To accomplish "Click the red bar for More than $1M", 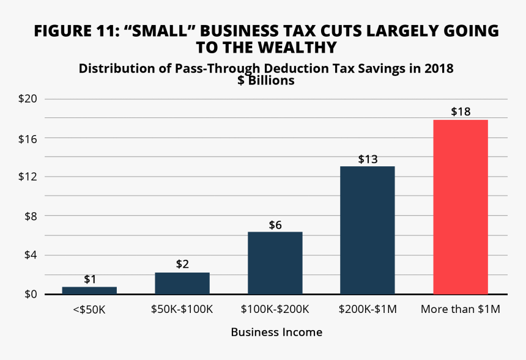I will click(x=461, y=207).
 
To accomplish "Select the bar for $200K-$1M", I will click(x=368, y=230).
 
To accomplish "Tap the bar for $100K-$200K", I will click(x=275, y=263).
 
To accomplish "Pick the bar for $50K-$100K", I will click(x=182, y=283).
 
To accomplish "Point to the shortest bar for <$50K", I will click(x=89, y=290).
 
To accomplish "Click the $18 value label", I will click(x=461, y=112).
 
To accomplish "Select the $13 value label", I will click(x=368, y=159).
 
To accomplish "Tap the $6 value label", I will click(x=275, y=225).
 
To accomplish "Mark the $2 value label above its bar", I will click(x=182, y=265).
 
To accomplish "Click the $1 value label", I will click(x=90, y=279).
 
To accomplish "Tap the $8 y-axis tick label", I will click(x=28, y=216).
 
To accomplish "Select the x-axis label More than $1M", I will click(x=461, y=309).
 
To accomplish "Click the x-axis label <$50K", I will click(x=89, y=309).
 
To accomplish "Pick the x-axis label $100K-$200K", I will click(x=275, y=309).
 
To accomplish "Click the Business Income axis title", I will click(x=276, y=332).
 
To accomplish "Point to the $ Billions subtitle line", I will click(x=266, y=81).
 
